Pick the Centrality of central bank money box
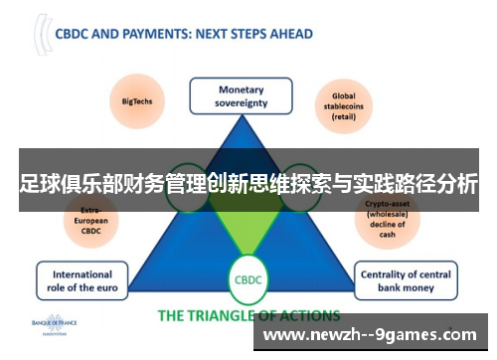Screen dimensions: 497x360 point(404,281)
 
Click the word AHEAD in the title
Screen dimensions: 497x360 point(289,33)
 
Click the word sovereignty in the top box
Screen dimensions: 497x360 point(241,103)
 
